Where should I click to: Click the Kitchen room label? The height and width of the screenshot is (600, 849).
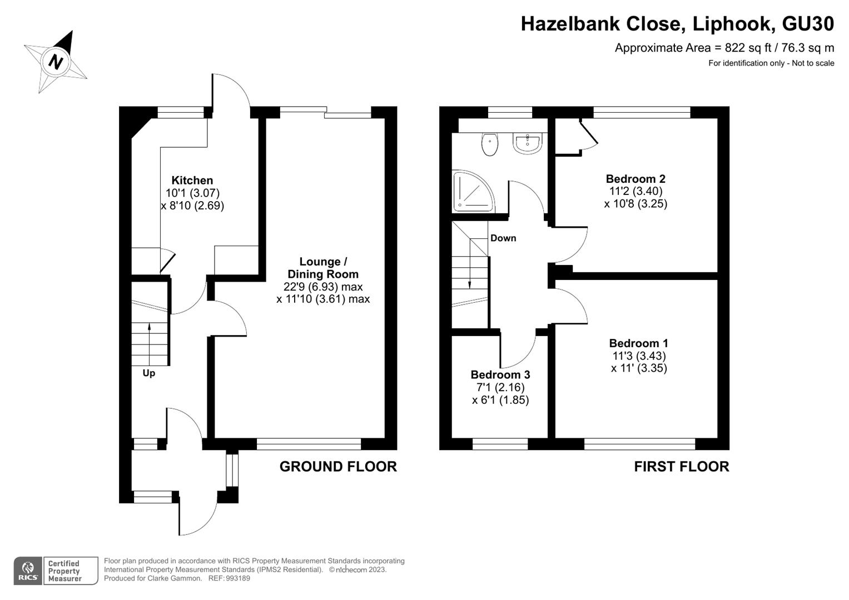[192, 181]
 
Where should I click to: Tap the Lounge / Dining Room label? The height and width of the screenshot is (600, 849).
[323, 268]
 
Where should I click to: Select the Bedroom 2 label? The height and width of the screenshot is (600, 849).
[635, 179]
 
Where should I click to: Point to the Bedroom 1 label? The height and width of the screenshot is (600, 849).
[639, 343]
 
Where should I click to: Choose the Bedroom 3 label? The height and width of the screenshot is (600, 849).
[500, 374]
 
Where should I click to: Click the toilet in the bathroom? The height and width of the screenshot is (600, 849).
[490, 144]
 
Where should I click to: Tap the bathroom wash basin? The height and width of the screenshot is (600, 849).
[527, 143]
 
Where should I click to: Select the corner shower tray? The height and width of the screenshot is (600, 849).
[474, 191]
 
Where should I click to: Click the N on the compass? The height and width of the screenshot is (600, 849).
[56, 62]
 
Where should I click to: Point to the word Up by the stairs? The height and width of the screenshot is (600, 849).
[149, 373]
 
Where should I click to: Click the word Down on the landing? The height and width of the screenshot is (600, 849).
[503, 238]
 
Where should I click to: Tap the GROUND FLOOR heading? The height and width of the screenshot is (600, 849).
[338, 467]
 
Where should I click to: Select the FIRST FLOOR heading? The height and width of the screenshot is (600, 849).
[682, 467]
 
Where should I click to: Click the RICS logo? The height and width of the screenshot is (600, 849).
[28, 571]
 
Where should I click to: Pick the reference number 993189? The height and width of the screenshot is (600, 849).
[238, 578]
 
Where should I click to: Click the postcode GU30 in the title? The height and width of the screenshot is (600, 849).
[808, 23]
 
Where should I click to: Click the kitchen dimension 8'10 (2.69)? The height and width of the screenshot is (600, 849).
[192, 206]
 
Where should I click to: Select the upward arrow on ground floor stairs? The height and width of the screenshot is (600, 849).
[150, 344]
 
